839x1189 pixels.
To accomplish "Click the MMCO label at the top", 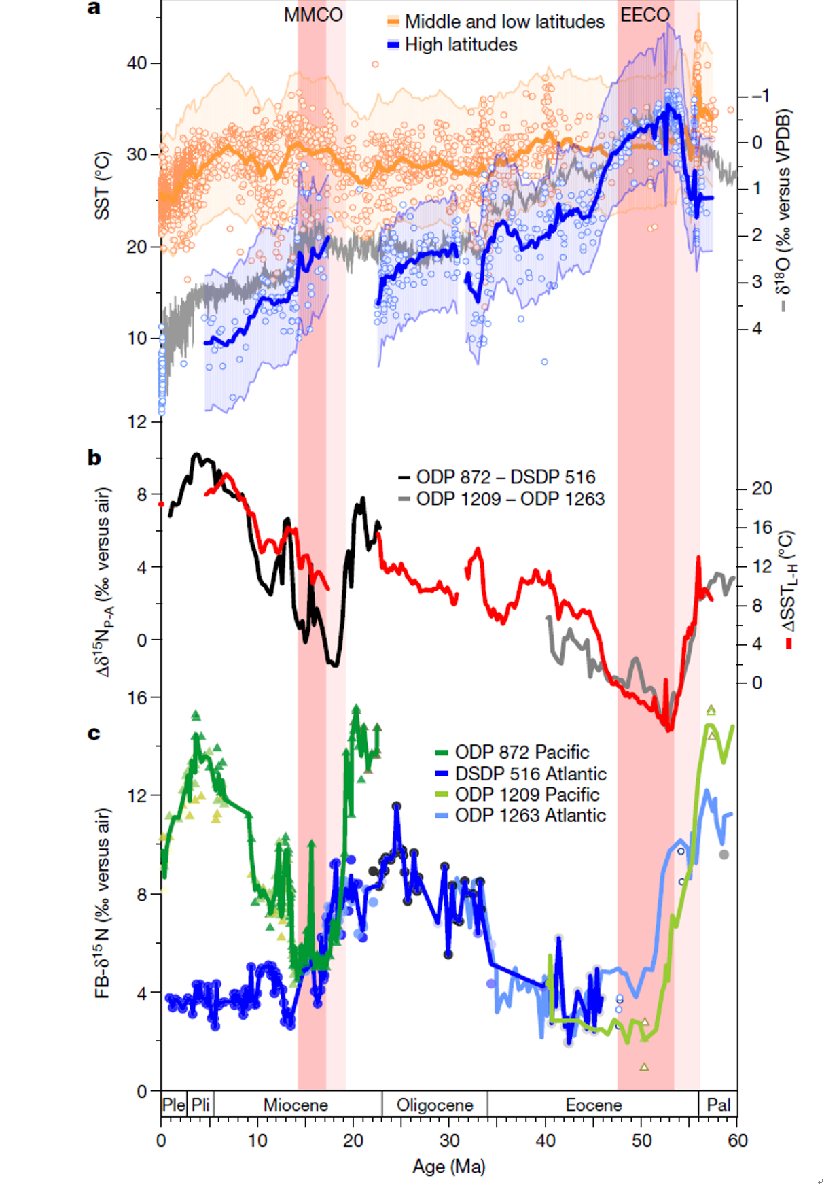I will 313,15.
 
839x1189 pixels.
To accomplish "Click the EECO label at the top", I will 645,15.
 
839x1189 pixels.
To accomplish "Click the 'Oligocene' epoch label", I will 435,1105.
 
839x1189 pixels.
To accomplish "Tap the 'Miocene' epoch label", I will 296,1105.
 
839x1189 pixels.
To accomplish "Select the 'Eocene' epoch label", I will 594,1105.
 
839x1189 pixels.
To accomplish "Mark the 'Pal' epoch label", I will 718,1105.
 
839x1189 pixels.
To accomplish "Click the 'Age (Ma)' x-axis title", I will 448,1167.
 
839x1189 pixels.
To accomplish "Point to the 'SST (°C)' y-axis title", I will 102,185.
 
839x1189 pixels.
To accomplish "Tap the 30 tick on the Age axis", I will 449,1140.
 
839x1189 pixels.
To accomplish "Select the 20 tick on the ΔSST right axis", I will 762,488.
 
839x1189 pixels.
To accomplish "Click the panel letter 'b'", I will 94,458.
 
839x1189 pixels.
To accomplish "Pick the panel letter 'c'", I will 94,734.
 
